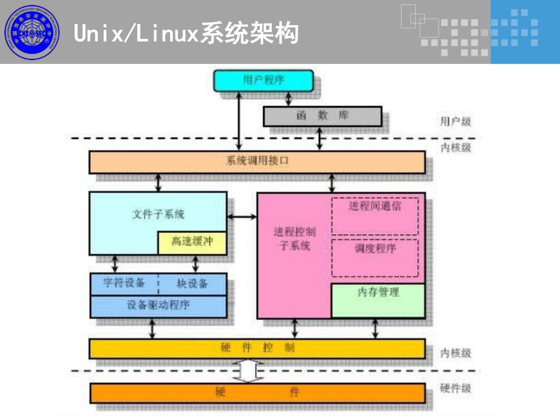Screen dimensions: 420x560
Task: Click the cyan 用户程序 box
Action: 263,80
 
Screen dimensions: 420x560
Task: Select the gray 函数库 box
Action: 322,116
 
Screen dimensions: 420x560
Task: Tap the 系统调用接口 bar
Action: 257,162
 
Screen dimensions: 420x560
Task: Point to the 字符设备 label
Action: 125,283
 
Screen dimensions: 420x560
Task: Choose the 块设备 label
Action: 192,283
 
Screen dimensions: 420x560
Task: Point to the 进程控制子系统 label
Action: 294,239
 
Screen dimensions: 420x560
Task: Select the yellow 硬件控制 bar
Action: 257,348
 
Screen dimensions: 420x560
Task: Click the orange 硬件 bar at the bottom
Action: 257,392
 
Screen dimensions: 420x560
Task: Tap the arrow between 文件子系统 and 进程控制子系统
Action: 242,217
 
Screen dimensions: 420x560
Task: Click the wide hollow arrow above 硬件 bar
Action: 248,371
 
